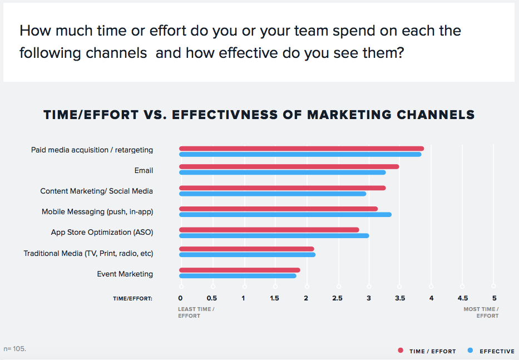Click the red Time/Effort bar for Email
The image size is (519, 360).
[x=289, y=166]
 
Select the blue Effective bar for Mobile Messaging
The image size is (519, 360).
[x=285, y=215]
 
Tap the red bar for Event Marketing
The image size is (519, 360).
[x=240, y=270]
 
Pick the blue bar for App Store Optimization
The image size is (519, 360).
[x=274, y=236]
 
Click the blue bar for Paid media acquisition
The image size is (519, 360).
[x=300, y=154]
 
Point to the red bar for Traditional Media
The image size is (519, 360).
[x=246, y=249]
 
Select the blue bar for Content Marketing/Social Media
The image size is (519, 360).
[x=273, y=194]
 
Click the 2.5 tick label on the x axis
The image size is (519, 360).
[x=337, y=298]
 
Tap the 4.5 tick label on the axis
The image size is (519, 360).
[x=463, y=298]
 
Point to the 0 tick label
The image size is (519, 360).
[x=180, y=298]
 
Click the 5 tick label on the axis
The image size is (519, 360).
[x=494, y=298]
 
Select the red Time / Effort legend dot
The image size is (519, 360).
[x=401, y=351]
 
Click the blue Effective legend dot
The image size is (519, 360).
[x=471, y=351]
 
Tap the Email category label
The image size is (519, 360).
[x=144, y=171]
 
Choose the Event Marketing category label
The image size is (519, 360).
[x=125, y=274]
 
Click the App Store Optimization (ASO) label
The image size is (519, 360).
[x=102, y=233]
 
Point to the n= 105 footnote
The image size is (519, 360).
[x=14, y=349]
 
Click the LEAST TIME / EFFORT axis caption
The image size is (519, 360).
[x=196, y=312]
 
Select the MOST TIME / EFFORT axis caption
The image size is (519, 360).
[x=481, y=312]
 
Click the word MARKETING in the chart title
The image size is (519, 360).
[x=349, y=115]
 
